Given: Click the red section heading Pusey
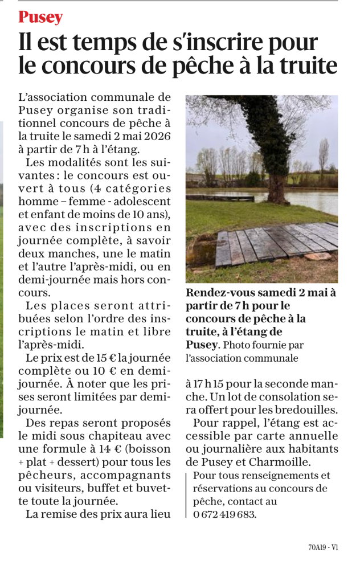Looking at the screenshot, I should pos(40,18).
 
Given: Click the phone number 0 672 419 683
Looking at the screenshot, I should pos(225,514).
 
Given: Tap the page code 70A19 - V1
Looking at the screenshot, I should pos(323,548).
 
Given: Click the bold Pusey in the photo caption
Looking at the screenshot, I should pos(202,345).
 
